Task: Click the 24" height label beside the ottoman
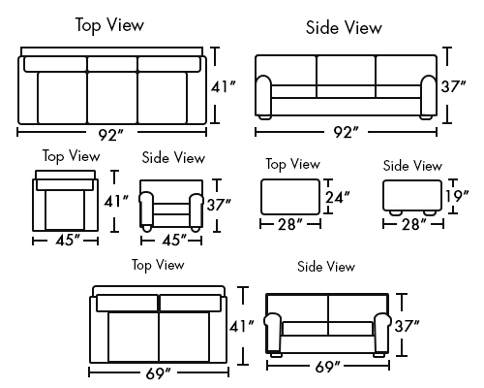pyautogui.click(x=337, y=197)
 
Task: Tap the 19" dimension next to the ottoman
pyautogui.click(x=457, y=196)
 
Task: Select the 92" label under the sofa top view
pyautogui.click(x=111, y=135)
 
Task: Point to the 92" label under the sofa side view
pyautogui.click(x=346, y=132)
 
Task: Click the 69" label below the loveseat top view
pyautogui.click(x=158, y=373)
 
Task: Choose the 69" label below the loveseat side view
pyautogui.click(x=327, y=367)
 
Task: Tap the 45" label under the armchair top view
pyautogui.click(x=68, y=240)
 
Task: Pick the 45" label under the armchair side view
pyautogui.click(x=174, y=240)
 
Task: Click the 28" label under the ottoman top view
pyautogui.click(x=290, y=224)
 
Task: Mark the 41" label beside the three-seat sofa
pyautogui.click(x=224, y=86)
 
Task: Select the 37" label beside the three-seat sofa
pyautogui.click(x=454, y=86)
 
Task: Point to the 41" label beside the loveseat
pyautogui.click(x=242, y=326)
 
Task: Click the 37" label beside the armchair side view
pyautogui.click(x=219, y=205)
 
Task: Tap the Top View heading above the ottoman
pyautogui.click(x=293, y=164)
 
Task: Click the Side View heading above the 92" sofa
pyautogui.click(x=344, y=27)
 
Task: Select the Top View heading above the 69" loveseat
pyautogui.click(x=158, y=265)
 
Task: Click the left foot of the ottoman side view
pyautogui.click(x=396, y=212)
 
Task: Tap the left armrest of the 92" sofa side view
pyautogui.click(x=264, y=95)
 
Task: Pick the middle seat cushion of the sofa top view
pyautogui.click(x=112, y=98)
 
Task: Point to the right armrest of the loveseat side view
pyautogui.click(x=382, y=333)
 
